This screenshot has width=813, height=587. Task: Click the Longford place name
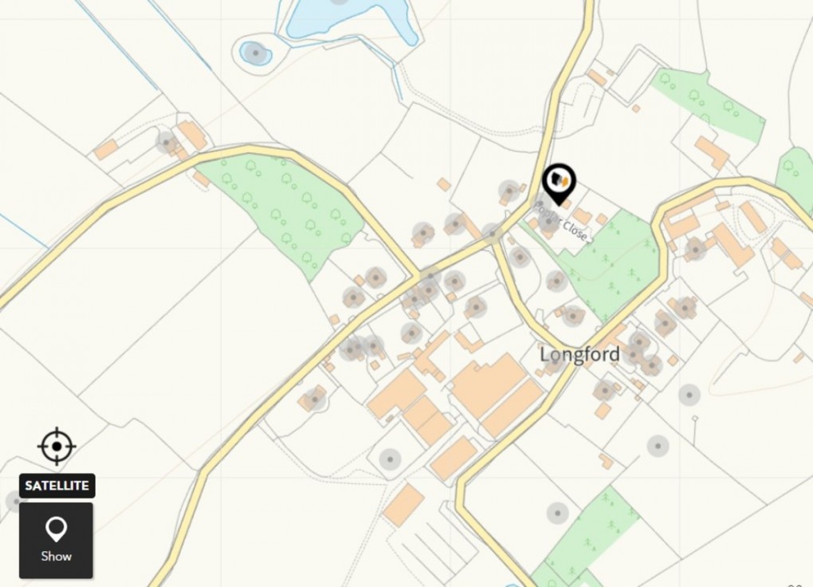[x=579, y=354]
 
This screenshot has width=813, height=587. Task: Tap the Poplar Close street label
[x=563, y=219]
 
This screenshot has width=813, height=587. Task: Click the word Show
[x=56, y=556]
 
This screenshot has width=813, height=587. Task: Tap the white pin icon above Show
[x=56, y=528]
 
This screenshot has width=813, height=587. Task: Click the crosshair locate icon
[x=57, y=446]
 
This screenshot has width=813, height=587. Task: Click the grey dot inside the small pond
[x=255, y=53]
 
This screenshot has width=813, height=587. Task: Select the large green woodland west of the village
[x=283, y=207]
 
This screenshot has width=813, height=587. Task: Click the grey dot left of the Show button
[x=15, y=501]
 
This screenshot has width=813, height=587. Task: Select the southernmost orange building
[x=403, y=505]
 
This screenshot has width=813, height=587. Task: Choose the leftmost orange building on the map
[x=105, y=149]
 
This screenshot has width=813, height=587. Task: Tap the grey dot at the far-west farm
[x=167, y=143]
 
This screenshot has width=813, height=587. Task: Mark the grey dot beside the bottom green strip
[x=557, y=513]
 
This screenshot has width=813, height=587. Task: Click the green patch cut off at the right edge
[x=797, y=175]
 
